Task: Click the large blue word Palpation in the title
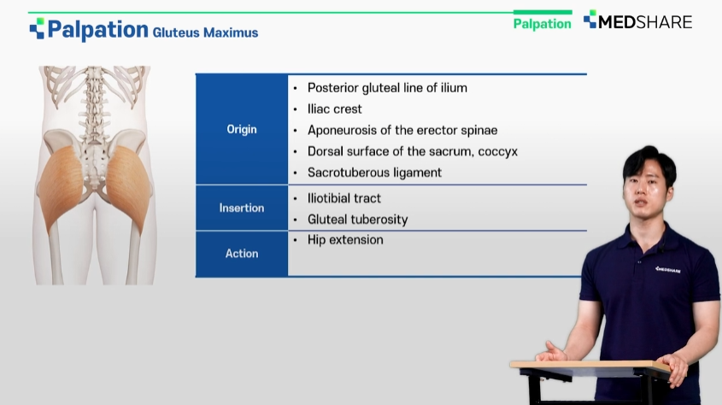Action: (97, 29)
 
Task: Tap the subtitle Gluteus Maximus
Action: (205, 32)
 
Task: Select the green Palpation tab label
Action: (542, 24)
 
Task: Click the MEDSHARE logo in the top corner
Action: (637, 21)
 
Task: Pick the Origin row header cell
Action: (242, 129)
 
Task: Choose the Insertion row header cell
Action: (242, 208)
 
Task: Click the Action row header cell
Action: (242, 254)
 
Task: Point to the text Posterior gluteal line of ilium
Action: (387, 88)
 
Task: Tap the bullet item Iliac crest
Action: (335, 109)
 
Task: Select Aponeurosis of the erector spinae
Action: (402, 130)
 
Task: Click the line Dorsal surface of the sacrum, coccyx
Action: (413, 151)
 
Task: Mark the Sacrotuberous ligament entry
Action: (374, 173)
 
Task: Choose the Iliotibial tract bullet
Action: (344, 198)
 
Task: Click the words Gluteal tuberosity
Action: (358, 220)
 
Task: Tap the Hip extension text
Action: (345, 240)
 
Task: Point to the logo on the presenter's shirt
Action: (667, 270)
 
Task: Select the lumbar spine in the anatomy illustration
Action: (94, 110)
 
